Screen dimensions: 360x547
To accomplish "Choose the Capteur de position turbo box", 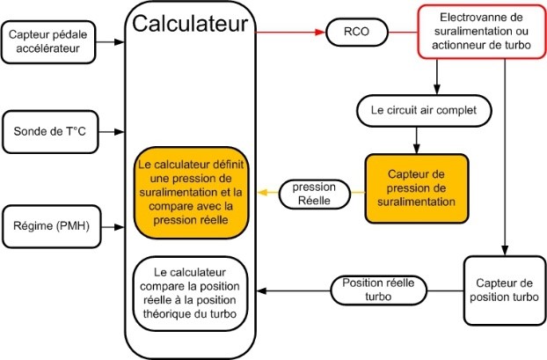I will click(x=500, y=291).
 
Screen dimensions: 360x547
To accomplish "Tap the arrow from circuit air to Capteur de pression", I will click(x=415, y=139).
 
